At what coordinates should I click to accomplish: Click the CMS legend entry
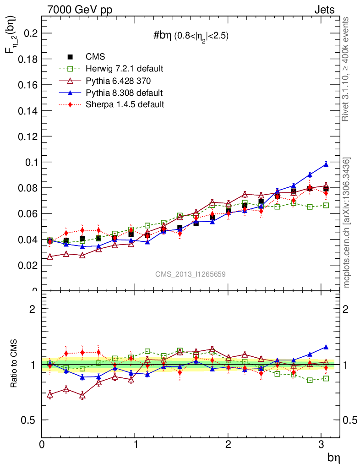[95, 57]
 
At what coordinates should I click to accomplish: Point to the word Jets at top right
[324, 10]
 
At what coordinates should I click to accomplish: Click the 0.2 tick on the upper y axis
[30, 33]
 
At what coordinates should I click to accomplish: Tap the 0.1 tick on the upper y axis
[30, 162]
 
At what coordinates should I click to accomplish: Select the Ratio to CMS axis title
[14, 364]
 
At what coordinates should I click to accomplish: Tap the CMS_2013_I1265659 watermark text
[190, 274]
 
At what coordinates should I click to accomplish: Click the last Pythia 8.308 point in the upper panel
[326, 164]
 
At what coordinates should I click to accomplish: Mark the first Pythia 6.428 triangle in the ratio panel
[50, 394]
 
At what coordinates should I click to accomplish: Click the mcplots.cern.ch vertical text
[347, 223]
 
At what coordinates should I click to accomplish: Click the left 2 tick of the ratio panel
[33, 309]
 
